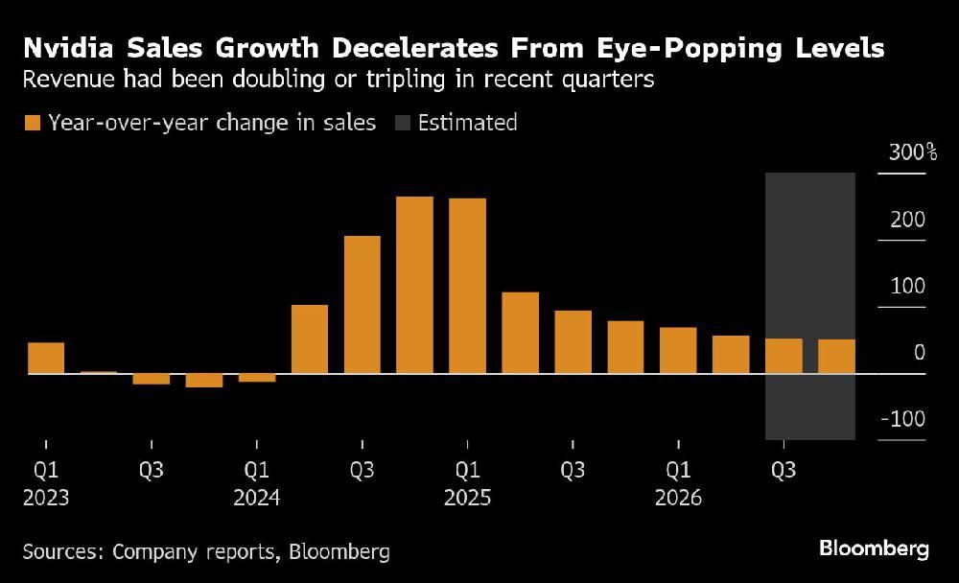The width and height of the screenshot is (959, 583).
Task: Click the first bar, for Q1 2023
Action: coord(46,358)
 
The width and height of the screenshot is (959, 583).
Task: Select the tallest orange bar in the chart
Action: coord(414,285)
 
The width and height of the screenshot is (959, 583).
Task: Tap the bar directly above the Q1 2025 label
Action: coord(467,286)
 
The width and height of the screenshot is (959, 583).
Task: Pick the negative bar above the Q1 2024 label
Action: coord(257,378)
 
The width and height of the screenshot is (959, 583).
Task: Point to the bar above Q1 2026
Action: coord(678,350)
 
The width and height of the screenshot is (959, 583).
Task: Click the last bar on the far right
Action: coord(836,356)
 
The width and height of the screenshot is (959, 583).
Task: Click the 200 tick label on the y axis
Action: coord(906,220)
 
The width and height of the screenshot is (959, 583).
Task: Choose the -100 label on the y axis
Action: coord(902,420)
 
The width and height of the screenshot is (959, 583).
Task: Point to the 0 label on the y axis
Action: coord(919,353)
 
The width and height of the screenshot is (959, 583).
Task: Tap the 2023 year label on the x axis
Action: coord(45,499)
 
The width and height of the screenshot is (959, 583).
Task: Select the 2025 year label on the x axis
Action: coord(467,499)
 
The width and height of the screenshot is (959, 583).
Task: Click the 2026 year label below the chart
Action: coord(678,499)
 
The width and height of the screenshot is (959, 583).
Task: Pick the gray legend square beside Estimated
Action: coord(401,123)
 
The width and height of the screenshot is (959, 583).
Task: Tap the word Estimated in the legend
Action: coord(468,123)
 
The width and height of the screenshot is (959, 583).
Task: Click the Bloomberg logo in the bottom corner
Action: coord(874,549)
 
